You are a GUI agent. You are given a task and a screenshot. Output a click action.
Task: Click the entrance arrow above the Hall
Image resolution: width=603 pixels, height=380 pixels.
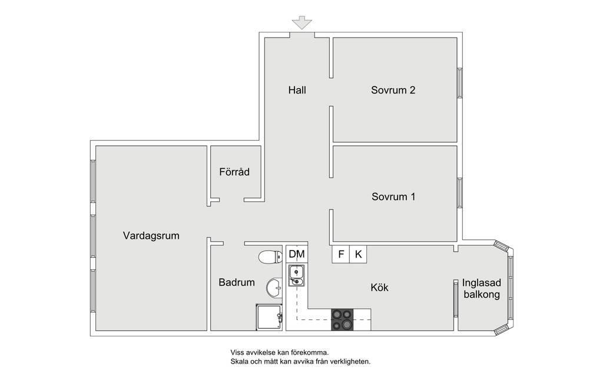302,22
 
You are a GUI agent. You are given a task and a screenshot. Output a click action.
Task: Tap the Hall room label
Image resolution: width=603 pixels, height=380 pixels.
297,90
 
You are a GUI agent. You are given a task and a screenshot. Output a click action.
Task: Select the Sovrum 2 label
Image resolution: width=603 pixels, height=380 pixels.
393,90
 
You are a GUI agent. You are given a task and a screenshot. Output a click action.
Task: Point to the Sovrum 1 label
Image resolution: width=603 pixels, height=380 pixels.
393,196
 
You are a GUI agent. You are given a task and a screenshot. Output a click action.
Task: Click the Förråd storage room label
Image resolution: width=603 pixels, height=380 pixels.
234,171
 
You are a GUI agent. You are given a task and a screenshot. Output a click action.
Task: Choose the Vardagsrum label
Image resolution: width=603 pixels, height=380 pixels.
151,235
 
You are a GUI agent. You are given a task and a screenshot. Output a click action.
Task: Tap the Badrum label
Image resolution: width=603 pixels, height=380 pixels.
237,282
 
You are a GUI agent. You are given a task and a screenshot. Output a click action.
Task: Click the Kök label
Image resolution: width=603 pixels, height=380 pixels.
379,287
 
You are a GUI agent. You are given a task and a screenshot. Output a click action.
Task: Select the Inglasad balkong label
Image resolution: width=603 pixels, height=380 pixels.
482,289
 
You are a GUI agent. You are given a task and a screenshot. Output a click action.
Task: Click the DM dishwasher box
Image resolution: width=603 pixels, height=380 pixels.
297,254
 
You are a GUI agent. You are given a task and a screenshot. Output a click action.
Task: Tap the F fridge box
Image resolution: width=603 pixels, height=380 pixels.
341,254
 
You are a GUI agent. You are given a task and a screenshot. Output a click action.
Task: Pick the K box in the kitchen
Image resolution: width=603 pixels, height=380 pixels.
358,254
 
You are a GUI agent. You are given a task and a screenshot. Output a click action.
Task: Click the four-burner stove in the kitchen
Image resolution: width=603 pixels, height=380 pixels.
342,319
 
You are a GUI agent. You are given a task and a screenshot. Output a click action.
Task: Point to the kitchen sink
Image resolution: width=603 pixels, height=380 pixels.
297,276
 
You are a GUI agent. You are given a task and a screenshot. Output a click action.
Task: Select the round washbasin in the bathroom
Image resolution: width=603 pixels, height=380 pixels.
274,287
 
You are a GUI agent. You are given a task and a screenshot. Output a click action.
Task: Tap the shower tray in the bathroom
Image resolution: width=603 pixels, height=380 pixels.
269,317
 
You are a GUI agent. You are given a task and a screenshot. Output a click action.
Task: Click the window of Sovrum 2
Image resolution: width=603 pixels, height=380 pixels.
459,82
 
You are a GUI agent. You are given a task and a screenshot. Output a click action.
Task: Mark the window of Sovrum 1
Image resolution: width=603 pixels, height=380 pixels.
459,193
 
